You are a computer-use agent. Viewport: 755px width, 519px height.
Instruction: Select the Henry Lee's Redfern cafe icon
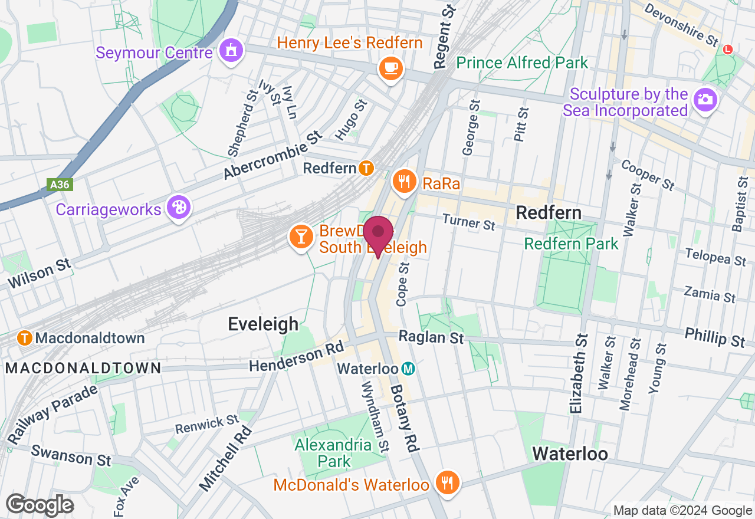pos(390,69)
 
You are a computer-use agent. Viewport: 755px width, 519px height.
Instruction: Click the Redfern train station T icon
pos(366,169)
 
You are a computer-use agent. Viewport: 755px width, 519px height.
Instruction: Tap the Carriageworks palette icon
pos(178,208)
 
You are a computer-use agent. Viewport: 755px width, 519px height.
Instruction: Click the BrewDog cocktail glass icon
pos(301,237)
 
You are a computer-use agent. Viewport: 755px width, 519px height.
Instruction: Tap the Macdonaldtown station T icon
pos(25,338)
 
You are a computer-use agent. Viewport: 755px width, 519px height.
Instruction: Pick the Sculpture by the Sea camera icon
pos(704,99)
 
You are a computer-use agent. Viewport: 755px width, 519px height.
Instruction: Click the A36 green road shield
pos(60,185)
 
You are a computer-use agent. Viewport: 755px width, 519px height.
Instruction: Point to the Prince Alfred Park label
pos(522,63)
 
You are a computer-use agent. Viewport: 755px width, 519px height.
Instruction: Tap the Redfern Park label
pos(571,244)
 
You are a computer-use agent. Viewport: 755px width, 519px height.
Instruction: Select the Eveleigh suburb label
pos(263,324)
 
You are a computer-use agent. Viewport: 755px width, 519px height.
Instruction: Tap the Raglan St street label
pos(431,337)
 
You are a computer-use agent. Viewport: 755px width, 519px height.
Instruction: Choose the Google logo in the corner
pos(40,505)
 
